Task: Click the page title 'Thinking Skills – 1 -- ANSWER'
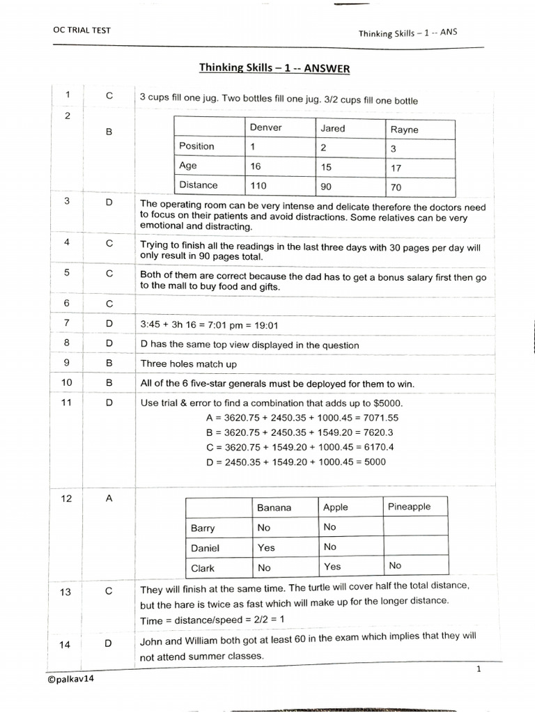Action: pos(274,68)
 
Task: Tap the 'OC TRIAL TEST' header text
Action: pos(82,30)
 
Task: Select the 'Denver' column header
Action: pos(265,128)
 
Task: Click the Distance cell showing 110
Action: pos(258,186)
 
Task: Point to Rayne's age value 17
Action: pos(396,168)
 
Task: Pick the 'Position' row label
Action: pos(196,146)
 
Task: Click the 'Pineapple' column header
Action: pos(409,507)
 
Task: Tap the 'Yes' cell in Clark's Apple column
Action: pos(332,567)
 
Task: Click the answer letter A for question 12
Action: pos(109,499)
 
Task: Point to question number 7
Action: pos(67,324)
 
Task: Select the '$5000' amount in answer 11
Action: pos(387,403)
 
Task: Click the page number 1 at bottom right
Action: pos(479,669)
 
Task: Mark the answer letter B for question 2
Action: pos(109,131)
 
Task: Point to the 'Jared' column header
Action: pos(332,128)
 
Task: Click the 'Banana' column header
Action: pos(274,508)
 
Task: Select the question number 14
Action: pos(65,644)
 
